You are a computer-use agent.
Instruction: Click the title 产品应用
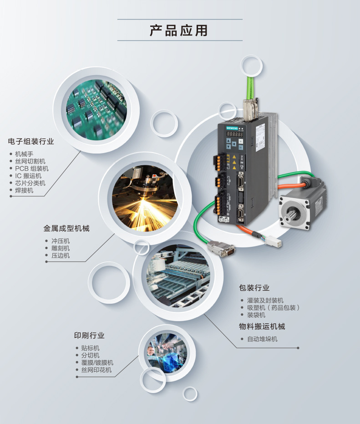pos(179,31)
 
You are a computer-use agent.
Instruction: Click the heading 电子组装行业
pos(31,142)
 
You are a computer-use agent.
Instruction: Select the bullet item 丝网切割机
pos(30,161)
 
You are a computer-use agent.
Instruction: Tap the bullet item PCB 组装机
pos(31,169)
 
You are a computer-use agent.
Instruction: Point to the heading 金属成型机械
pos(66,228)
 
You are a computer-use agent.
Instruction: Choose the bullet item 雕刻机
pos(61,248)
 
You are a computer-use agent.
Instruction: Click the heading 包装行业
pos(254,288)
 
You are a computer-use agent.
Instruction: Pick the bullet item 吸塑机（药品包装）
pos(273,308)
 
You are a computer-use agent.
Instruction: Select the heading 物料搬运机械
pos(262,327)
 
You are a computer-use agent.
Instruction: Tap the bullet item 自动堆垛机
pos(262,339)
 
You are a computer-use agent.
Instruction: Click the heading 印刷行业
pos(89,336)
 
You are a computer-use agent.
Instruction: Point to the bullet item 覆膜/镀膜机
pos(97,363)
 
